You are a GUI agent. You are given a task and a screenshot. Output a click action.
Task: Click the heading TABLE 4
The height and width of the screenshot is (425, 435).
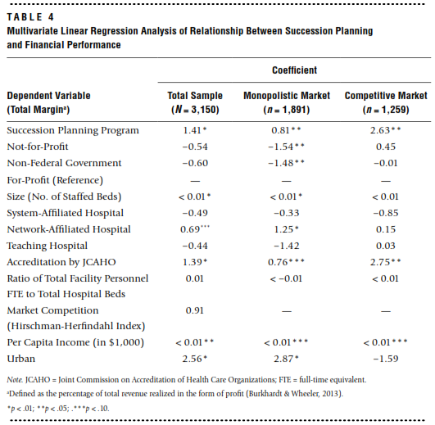[30, 17]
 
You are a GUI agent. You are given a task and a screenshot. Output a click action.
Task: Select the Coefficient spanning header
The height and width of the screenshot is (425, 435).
[294, 70]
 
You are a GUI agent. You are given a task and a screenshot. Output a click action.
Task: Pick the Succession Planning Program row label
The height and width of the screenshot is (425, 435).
[73, 130]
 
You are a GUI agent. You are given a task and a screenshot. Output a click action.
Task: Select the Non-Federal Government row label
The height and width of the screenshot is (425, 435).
[64, 163]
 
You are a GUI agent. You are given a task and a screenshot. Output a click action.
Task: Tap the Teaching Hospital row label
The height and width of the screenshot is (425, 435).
[48, 246]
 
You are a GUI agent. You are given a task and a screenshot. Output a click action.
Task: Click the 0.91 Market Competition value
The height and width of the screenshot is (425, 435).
[194, 310]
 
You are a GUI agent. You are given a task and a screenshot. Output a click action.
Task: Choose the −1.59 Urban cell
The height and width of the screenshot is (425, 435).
[386, 359]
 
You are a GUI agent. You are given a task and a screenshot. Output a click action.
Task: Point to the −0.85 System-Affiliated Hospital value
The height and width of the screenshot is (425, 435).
[386, 213]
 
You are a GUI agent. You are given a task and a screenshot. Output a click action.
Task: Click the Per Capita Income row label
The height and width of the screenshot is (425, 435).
[75, 342]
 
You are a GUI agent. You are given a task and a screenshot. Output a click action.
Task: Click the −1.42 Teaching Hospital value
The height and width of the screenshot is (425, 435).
[286, 246]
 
